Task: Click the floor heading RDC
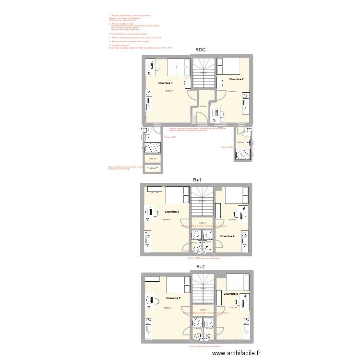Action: [200, 50]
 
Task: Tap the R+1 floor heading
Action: [197, 180]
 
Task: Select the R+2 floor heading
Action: [200, 266]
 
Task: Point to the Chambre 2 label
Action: [236, 79]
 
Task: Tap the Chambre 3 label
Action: [172, 212]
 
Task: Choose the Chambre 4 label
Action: [227, 236]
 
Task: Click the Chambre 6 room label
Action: [230, 293]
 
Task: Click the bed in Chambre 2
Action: [233, 67]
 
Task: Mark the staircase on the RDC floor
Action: [203, 72]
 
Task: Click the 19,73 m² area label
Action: [169, 91]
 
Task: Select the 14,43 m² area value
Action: [233, 308]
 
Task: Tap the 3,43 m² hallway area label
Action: [203, 107]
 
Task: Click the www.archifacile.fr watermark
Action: [238, 353]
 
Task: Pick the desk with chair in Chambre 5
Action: [152, 301]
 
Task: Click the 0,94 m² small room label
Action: [152, 159]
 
